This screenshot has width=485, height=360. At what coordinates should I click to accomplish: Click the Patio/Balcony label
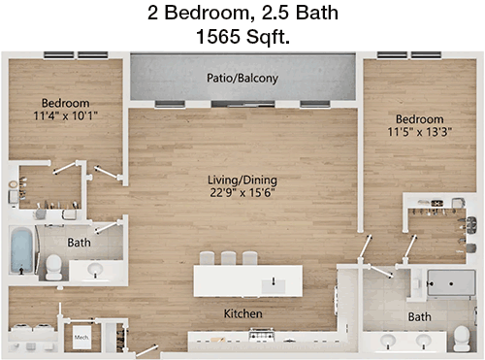242,78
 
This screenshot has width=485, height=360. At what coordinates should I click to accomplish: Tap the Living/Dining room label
242,180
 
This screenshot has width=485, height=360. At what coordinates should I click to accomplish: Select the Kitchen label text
242,313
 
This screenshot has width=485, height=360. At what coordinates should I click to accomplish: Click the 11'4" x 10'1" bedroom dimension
65,115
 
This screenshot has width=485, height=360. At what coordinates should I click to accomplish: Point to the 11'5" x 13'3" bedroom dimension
420,132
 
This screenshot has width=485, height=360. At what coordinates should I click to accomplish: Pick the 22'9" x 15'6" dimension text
242,192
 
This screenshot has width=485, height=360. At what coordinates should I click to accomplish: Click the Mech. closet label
81,338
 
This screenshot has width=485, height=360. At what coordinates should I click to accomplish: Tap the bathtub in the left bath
21,250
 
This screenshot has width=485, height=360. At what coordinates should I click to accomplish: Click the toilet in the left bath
53,267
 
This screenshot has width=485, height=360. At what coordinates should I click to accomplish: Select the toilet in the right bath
462,339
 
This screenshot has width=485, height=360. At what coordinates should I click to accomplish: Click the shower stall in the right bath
451,283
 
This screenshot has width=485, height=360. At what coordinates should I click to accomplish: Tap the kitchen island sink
274,286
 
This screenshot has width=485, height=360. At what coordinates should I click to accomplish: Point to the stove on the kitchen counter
261,335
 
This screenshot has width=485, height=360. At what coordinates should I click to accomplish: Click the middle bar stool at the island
228,258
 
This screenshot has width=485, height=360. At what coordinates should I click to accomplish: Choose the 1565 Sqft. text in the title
242,36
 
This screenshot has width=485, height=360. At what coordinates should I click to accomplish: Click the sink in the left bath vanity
95,269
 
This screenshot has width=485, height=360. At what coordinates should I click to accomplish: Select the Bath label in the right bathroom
419,316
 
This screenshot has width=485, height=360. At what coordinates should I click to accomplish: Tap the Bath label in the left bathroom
79,243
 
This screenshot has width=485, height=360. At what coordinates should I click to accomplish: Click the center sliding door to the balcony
242,104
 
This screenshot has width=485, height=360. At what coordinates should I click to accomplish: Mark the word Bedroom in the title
207,13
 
